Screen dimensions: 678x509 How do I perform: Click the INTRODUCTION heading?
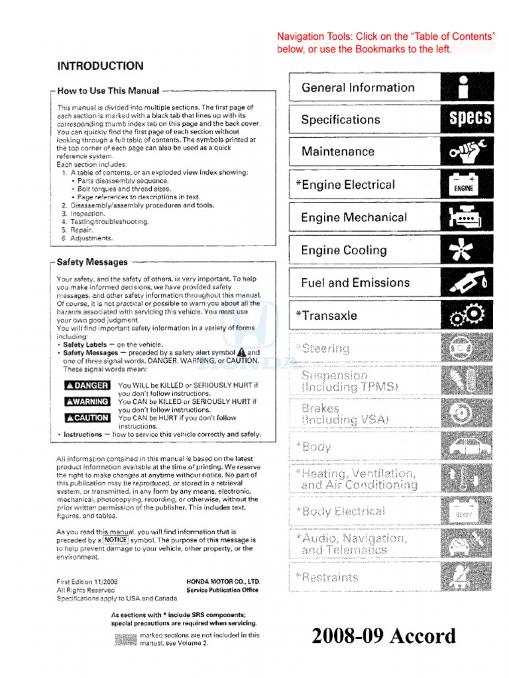point(100,66)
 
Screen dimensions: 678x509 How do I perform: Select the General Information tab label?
point(358,87)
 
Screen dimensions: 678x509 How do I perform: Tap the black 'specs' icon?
point(470,119)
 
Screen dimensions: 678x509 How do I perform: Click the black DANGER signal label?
point(87,385)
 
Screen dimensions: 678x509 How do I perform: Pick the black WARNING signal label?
point(87,401)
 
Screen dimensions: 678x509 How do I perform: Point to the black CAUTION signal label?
point(87,417)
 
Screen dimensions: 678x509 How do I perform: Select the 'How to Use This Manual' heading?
point(108,91)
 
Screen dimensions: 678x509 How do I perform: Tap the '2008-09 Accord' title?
point(384,636)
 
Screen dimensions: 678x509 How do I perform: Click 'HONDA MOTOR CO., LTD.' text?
point(223,582)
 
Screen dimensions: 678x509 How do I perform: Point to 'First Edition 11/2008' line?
point(87,582)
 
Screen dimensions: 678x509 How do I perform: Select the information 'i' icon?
point(467,87)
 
